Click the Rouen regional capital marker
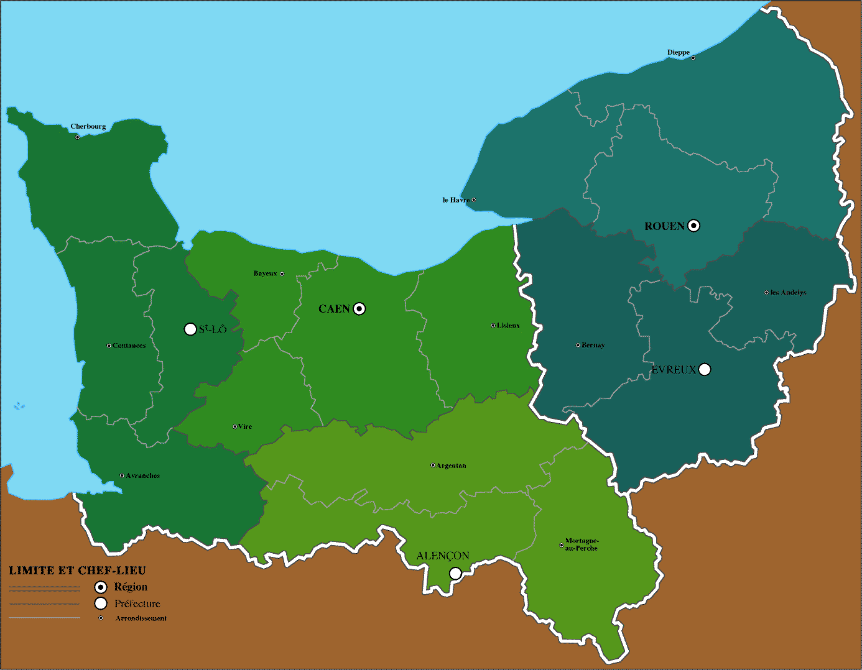[x=693, y=226]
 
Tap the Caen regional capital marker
[x=359, y=309]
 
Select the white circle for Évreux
[x=705, y=369]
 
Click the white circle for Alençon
[x=455, y=573]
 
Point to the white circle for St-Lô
[x=191, y=329]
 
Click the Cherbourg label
[x=88, y=127]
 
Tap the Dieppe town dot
[x=693, y=58]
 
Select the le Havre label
[x=456, y=200]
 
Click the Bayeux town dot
[x=282, y=273]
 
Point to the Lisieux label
[x=508, y=326]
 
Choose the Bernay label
[x=593, y=346]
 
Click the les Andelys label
[x=788, y=293]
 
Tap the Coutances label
[x=129, y=346]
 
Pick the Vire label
[x=245, y=427]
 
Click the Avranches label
[x=143, y=476]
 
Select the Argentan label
[x=451, y=466]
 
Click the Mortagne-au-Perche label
[x=581, y=545]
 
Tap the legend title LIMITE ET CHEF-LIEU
[x=77, y=571]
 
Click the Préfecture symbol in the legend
[x=101, y=603]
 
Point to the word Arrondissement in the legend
[x=141, y=618]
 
